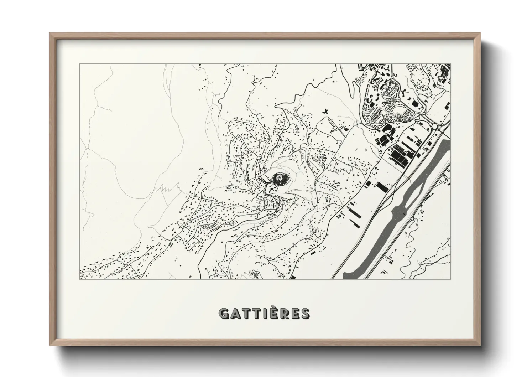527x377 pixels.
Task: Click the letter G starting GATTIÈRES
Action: pos(224,313)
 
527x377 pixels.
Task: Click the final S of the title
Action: pos(305,313)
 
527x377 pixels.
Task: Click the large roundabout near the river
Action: pos(435,126)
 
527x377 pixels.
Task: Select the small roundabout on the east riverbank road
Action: pos(412,218)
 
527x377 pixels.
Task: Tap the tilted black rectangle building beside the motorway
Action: pos(382,186)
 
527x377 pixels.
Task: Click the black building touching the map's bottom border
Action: pos(293,277)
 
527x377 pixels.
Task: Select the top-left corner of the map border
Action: pos(79,64)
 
